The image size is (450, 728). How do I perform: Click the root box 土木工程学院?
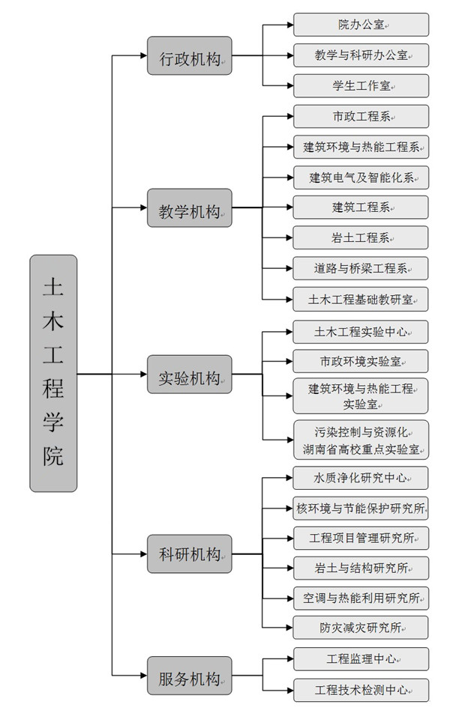coord(53,373)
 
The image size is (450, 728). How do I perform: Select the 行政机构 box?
coord(190,55)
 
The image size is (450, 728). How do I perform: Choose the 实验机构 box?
coord(190,374)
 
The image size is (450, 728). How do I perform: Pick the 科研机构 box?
coord(190,554)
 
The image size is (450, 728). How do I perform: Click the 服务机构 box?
coord(190,676)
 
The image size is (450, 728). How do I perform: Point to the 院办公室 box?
coord(361,25)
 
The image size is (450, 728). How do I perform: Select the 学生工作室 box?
coord(361,85)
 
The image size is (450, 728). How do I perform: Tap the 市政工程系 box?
coord(361,116)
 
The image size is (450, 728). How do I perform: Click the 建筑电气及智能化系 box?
coord(361,178)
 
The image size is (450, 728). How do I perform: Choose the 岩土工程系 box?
coord(361,237)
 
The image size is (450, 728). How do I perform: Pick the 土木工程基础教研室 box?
coord(361,298)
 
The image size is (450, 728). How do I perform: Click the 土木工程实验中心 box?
coord(361,331)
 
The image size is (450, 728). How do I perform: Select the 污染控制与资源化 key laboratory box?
coord(361,440)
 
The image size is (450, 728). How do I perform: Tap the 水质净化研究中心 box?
coord(361,477)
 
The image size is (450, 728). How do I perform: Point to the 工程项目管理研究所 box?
coord(361,537)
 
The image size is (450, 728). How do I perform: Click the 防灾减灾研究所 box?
coord(361,627)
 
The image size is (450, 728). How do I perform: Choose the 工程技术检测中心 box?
coord(361,689)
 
